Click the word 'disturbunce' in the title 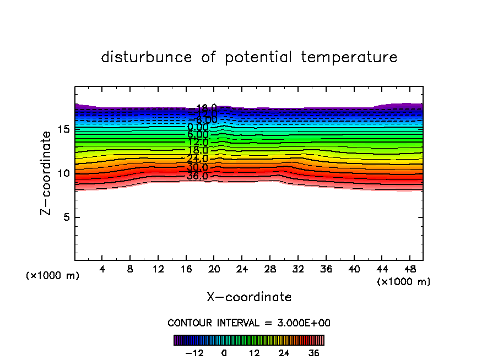(147, 57)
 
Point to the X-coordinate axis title (249, 297)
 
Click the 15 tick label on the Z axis (63, 129)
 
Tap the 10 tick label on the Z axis (63, 173)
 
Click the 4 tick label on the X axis (102, 270)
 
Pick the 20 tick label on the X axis (214, 270)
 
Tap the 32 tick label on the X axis (298, 270)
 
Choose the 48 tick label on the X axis (409, 270)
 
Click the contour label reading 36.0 (198, 177)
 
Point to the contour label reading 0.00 (198, 127)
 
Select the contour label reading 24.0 (198, 159)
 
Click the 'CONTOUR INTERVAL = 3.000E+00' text (249, 323)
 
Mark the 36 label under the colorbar (313, 353)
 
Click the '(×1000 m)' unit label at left (53, 276)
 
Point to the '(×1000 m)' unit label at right (404, 282)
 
